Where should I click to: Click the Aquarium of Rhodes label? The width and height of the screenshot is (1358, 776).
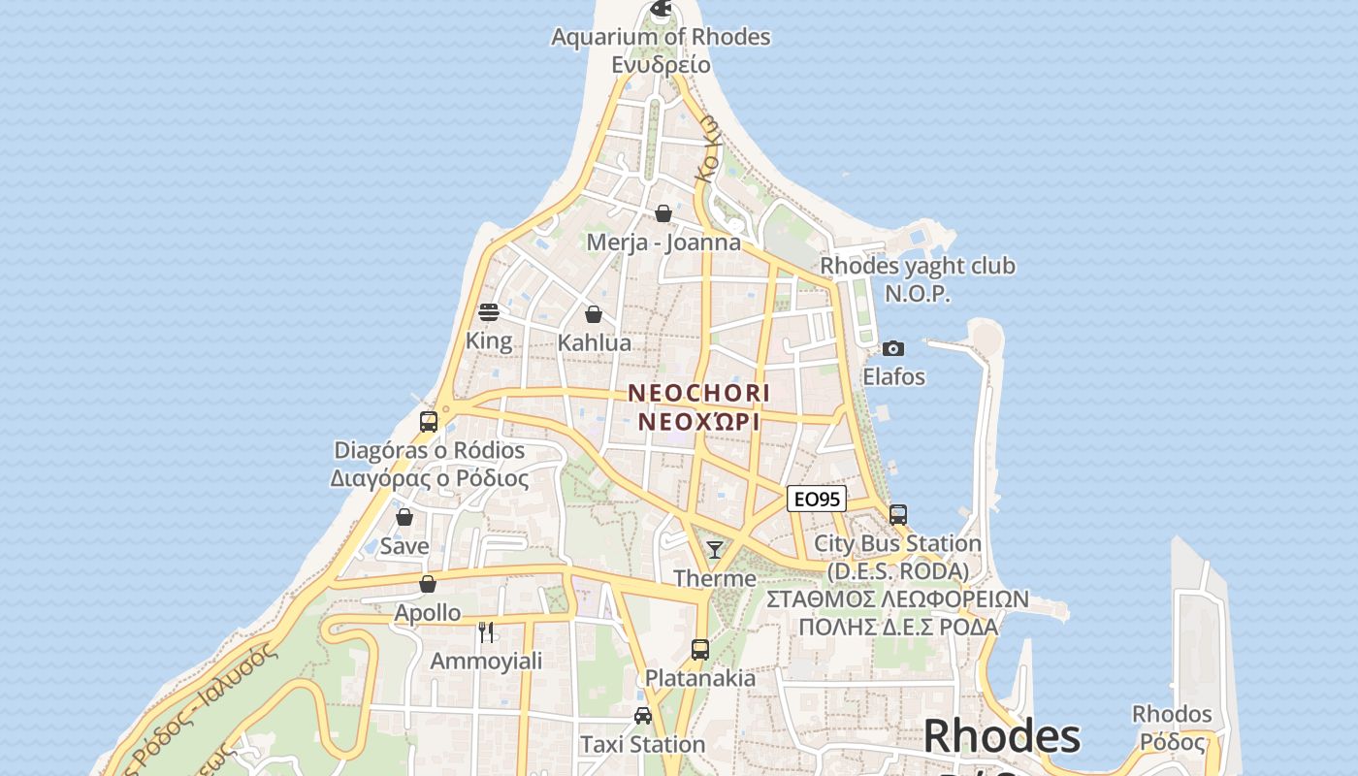click(x=661, y=37)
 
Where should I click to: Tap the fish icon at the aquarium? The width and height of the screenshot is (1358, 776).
click(x=662, y=10)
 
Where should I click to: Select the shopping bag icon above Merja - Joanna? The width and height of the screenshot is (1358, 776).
click(x=663, y=213)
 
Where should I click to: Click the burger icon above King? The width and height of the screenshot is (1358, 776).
click(x=489, y=312)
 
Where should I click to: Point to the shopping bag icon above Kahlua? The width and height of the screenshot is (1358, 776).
click(x=594, y=314)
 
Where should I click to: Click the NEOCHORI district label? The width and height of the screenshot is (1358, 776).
click(x=698, y=393)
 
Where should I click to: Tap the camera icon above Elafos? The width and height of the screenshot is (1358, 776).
click(x=893, y=348)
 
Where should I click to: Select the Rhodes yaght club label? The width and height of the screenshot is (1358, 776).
click(x=918, y=266)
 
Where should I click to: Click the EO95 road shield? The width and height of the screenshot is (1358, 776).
click(x=817, y=500)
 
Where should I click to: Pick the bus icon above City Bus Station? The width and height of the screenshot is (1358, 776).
click(x=898, y=515)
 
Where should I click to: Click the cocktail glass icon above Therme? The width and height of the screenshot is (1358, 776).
click(x=715, y=550)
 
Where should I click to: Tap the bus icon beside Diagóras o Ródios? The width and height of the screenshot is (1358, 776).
click(x=429, y=422)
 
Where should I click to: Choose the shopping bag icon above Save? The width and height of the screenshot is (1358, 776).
click(x=404, y=517)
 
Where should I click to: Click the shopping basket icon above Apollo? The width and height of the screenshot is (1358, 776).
click(x=428, y=584)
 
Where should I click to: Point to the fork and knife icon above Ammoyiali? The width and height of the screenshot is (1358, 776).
click(x=486, y=632)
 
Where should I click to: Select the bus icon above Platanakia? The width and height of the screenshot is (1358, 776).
click(x=700, y=650)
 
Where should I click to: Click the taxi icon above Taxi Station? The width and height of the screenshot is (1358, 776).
click(x=642, y=716)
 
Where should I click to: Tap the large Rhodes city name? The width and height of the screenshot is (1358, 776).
click(x=1001, y=737)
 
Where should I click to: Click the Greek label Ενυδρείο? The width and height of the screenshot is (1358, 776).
click(x=661, y=65)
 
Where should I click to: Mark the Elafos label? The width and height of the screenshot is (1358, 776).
click(x=893, y=376)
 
